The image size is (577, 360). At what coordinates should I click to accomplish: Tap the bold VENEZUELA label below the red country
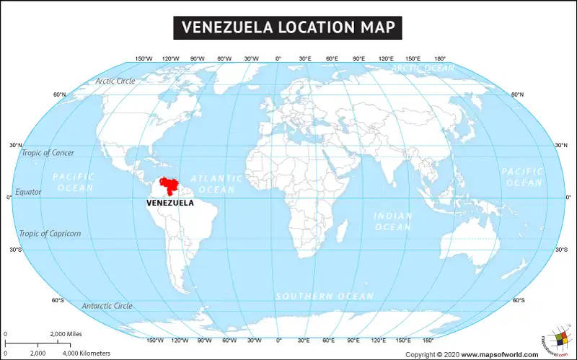tap(169, 203)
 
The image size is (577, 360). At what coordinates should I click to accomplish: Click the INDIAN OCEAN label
tap(392, 221)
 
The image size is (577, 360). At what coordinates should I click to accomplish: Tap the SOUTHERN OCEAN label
tap(325, 297)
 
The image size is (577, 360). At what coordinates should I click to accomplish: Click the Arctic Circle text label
tap(115, 81)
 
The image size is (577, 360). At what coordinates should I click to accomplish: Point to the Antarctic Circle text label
tap(107, 306)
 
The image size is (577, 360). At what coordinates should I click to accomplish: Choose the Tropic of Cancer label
tap(48, 153)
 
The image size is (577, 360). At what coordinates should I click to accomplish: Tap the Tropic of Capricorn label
tap(50, 233)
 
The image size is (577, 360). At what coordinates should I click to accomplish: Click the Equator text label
tap(29, 192)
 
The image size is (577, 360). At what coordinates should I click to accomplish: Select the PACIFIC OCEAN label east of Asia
tap(522, 177)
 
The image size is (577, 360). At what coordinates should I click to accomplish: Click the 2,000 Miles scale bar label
tap(66, 334)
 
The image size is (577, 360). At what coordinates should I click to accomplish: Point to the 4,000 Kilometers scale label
tap(86, 354)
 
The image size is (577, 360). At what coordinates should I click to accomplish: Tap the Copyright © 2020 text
tap(431, 354)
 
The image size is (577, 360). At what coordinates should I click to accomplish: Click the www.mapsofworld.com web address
tap(499, 354)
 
